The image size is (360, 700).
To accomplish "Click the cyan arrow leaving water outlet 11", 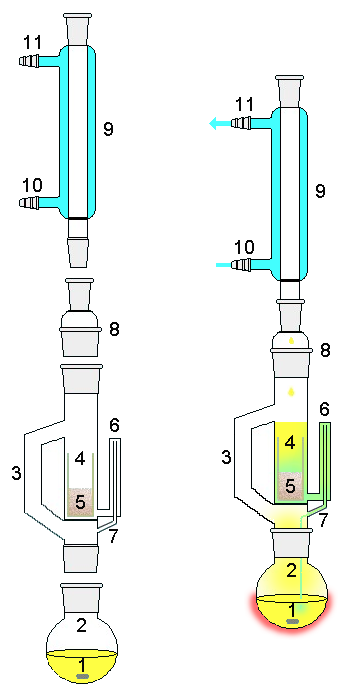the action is tap(220, 123).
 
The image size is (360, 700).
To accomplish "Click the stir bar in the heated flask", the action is tap(292, 621).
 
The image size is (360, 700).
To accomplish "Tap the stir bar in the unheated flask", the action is tap(82, 677).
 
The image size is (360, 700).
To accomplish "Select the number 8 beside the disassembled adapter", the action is tap(114, 330).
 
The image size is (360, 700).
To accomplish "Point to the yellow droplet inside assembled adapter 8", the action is tap(292, 341).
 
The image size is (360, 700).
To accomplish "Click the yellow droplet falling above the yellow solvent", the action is tap(292, 392).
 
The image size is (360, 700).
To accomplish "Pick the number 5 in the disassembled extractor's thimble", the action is tap(80, 502).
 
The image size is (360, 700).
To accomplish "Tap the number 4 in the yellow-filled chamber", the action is tap(290, 443).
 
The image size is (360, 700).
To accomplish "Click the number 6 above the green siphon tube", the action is tap(326, 409).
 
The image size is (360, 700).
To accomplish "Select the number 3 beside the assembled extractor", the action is tap(227, 457).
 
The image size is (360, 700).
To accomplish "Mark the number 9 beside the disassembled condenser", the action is tap(108, 129).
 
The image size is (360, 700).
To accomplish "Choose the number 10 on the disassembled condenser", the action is tap(32, 184).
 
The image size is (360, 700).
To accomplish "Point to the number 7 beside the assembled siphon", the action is tap(323, 519).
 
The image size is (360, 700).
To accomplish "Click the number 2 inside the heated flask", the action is tap(291, 571).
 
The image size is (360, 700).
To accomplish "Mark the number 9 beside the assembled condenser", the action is tap(320, 191).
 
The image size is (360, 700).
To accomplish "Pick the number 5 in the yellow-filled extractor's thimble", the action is tap(290, 486).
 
